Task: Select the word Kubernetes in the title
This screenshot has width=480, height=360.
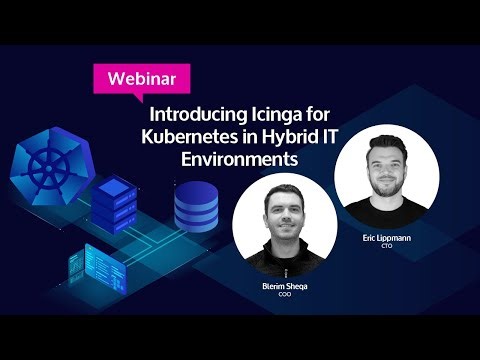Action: click(187, 136)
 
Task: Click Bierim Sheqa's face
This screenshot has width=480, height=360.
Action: click(282, 214)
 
